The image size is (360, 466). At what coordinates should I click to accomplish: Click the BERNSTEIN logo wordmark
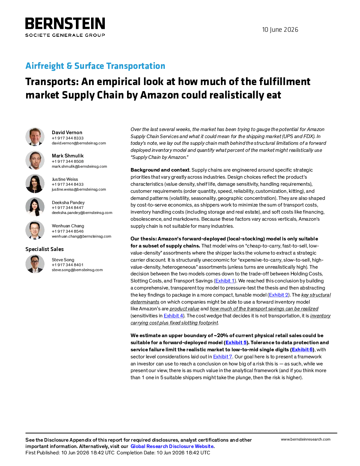coord(65,23)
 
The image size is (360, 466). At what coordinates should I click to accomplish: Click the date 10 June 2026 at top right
coord(280,30)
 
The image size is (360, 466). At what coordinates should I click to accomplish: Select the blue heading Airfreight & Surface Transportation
coord(95,66)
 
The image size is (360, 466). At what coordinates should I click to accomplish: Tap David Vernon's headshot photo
coord(35,137)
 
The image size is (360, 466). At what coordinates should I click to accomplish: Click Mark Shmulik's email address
coord(79,166)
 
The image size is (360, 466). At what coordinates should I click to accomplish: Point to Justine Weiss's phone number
coord(68,184)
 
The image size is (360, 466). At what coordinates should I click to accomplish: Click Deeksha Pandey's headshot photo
coord(35,207)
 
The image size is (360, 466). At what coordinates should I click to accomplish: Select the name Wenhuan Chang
coord(68,226)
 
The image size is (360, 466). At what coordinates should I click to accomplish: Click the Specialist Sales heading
coord(44,249)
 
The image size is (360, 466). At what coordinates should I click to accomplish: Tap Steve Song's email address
coord(77,270)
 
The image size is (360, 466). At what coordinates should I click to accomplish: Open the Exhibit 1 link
coord(225,281)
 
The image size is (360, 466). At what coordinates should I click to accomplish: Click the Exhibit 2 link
coord(278,295)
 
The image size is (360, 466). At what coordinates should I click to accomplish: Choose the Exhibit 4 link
coord(173,316)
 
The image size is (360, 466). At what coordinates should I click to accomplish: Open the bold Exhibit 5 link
coord(236,342)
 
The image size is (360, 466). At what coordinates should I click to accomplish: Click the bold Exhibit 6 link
coord(302,349)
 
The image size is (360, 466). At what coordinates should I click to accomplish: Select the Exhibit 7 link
coord(223,357)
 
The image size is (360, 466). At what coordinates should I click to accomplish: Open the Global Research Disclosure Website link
coord(172,446)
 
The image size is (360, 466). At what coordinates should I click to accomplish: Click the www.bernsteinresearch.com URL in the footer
coord(306,439)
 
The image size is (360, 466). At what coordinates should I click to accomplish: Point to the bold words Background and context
coord(160,170)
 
